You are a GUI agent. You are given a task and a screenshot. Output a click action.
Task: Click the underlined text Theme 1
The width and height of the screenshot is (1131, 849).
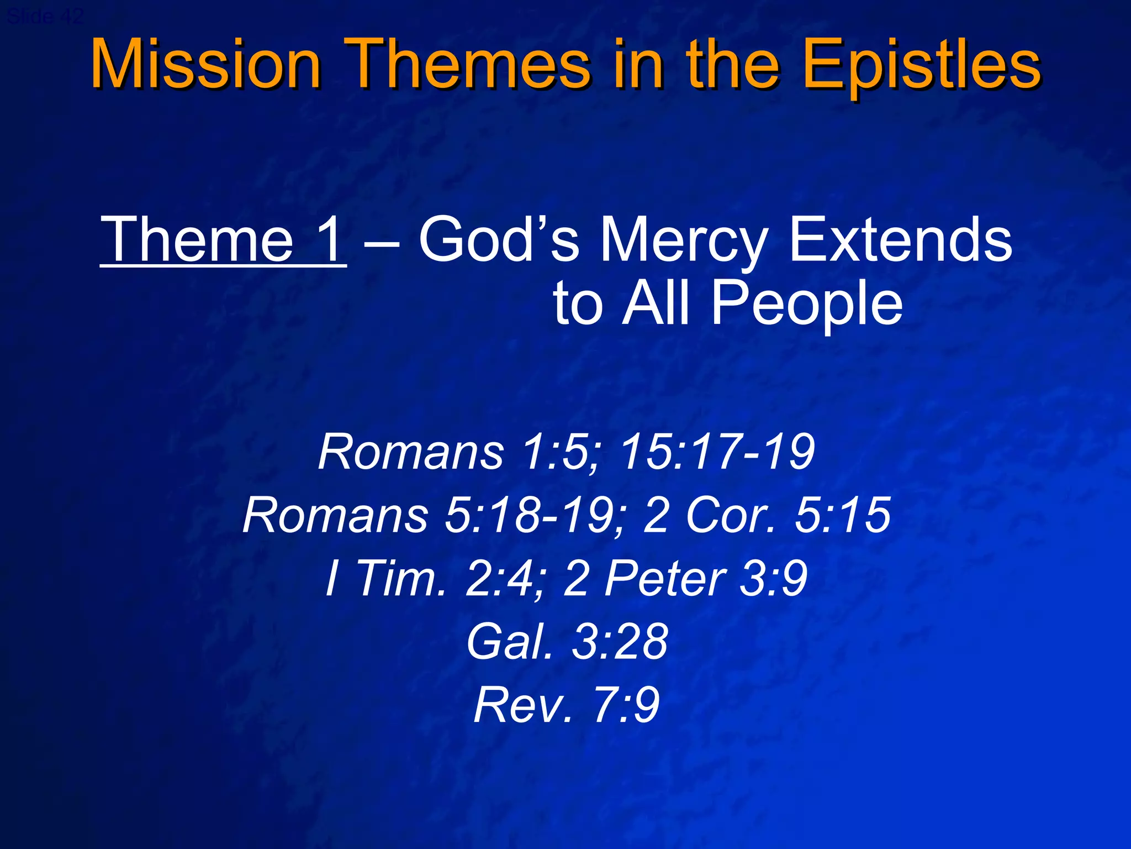click(223, 240)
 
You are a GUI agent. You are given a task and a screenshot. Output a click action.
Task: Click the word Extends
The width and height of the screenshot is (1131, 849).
click(900, 240)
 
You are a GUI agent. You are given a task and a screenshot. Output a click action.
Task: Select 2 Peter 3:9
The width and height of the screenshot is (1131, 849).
click(685, 578)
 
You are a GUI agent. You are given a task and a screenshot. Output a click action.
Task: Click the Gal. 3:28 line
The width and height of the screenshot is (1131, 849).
click(567, 641)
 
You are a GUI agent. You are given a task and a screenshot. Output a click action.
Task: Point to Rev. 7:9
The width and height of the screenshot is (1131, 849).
click(567, 705)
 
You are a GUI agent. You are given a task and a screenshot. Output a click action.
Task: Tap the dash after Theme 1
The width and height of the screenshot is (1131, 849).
click(382, 243)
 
